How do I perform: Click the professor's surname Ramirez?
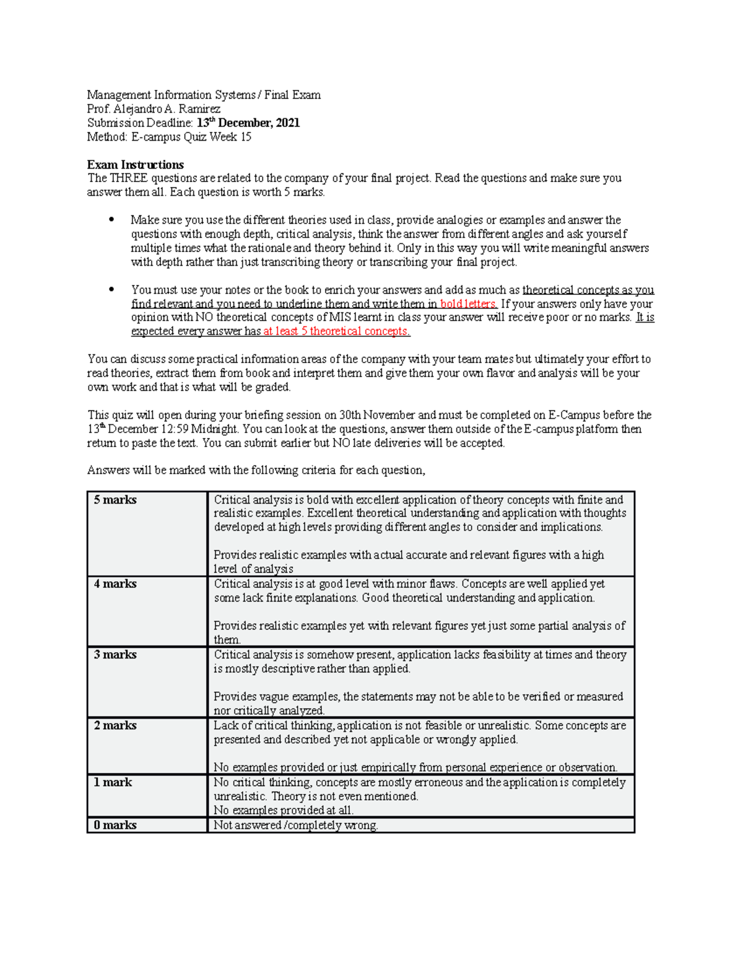pyautogui.click(x=199, y=109)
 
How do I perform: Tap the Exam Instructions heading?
pyautogui.click(x=135, y=165)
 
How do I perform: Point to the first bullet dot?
pyautogui.click(x=111, y=220)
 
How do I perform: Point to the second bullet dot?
pyautogui.click(x=111, y=289)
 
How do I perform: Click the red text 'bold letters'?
pyautogui.click(x=468, y=304)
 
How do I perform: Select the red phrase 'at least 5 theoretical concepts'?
pyautogui.click(x=336, y=331)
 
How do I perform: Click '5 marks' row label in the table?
pyautogui.click(x=115, y=500)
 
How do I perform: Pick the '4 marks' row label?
pyautogui.click(x=115, y=584)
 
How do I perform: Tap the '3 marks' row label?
pyautogui.click(x=115, y=655)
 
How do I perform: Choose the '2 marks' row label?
pyautogui.click(x=115, y=725)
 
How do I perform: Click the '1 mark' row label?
pyautogui.click(x=113, y=782)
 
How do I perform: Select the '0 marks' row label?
pyautogui.click(x=115, y=825)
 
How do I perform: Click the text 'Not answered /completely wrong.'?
pyautogui.click(x=295, y=825)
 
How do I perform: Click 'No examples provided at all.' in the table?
pyautogui.click(x=283, y=810)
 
